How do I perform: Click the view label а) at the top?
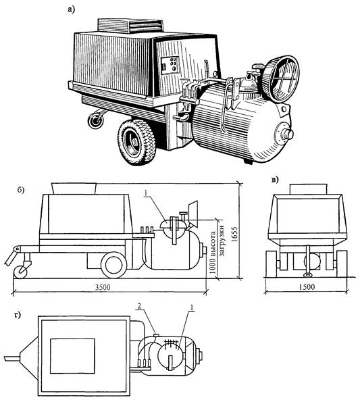tap(71, 9)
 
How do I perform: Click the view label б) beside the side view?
tap(21, 191)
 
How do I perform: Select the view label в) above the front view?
tap(275, 180)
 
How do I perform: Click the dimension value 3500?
tap(103, 287)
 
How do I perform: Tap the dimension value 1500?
tap(307, 287)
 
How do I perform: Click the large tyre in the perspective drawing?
tap(136, 142)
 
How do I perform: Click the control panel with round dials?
tap(170, 65)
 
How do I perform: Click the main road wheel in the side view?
tap(114, 265)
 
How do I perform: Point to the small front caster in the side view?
tap(20, 272)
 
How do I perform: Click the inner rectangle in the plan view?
tap(72, 356)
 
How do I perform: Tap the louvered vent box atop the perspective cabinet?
tap(130, 26)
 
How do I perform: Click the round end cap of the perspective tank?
tap(284, 132)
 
